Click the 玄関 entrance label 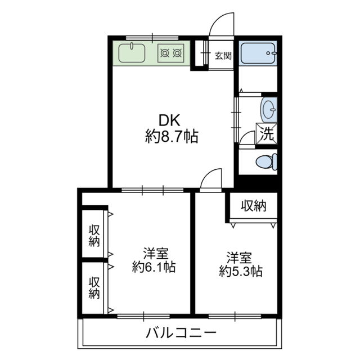(x=223, y=55)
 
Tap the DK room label (x=170, y=120)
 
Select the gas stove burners (x=171, y=54)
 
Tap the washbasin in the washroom (x=269, y=108)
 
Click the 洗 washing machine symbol (x=267, y=134)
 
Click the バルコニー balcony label (x=181, y=333)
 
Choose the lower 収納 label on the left (x=94, y=287)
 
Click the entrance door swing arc (x=221, y=25)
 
